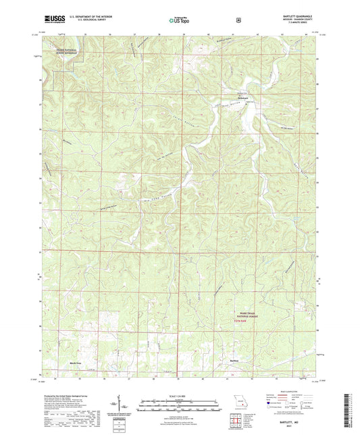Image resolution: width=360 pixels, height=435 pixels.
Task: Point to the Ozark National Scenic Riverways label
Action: coord(68,51)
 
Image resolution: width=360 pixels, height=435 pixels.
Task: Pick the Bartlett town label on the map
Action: coord(235,360)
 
